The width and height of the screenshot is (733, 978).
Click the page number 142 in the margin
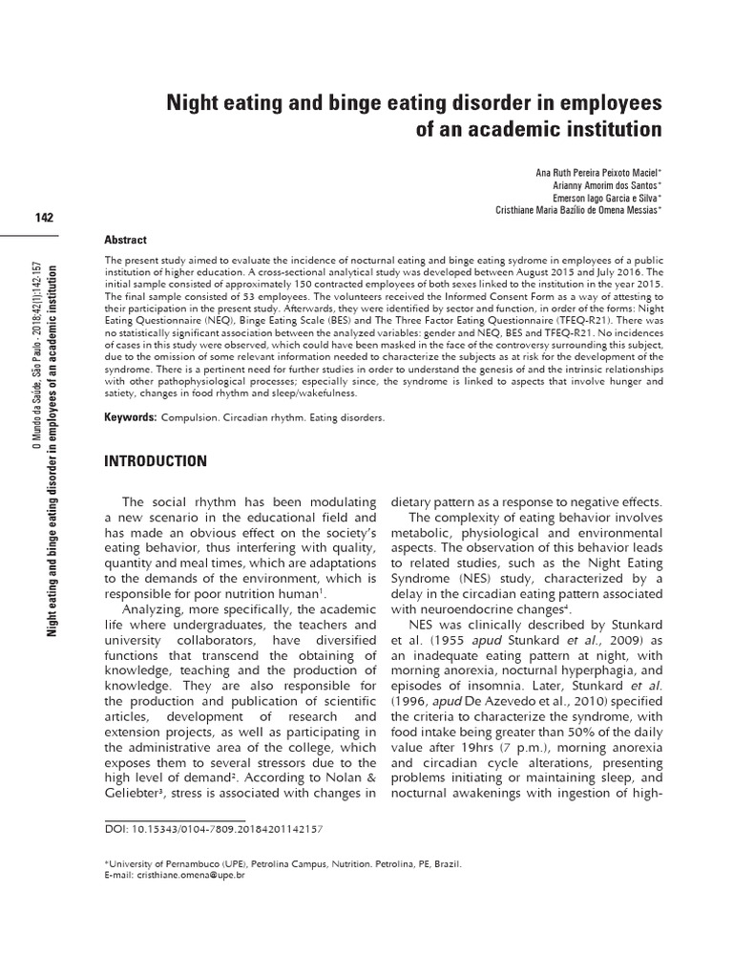(42, 217)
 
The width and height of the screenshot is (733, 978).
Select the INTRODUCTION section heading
(155, 461)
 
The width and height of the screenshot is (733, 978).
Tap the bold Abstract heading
(125, 240)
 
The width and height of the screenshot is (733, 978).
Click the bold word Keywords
(130, 417)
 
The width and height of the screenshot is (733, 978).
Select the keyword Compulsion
(193, 418)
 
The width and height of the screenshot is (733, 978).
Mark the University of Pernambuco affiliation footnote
(283, 861)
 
